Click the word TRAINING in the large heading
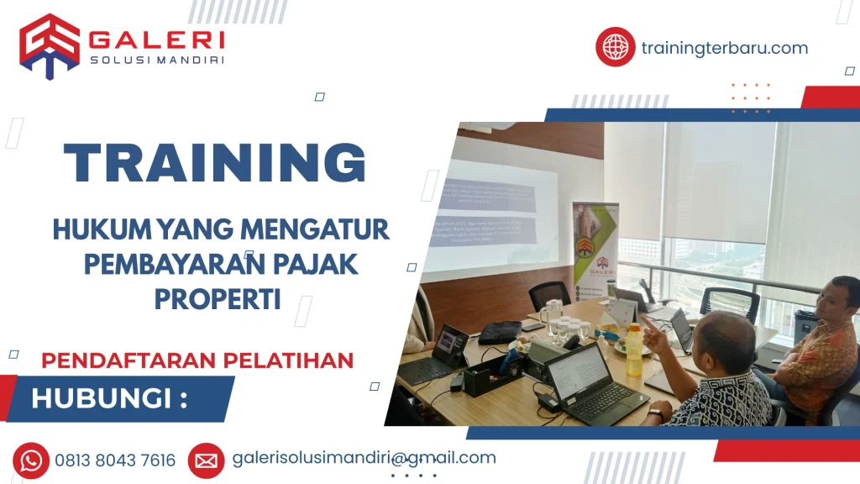point(215,163)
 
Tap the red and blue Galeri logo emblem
point(50,45)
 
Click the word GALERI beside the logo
point(156,39)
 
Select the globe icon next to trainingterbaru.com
point(615,47)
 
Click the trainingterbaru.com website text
point(724,48)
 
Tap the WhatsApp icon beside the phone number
point(31,460)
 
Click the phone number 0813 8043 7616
point(115,460)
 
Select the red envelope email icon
point(206,460)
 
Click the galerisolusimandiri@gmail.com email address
point(364,458)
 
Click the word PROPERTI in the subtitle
point(217,298)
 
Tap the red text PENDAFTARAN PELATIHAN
point(197,360)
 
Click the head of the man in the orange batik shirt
point(841,297)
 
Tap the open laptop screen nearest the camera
point(579,370)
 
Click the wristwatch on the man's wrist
point(656,414)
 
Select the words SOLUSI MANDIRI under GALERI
point(156,60)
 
